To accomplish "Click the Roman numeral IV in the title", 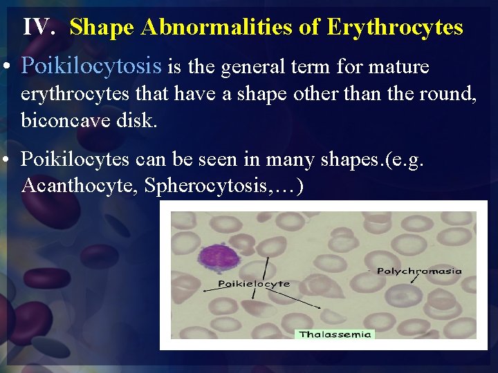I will [x=39, y=27].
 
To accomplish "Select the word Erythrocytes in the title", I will [x=394, y=27].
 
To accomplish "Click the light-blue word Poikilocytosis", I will [x=91, y=67].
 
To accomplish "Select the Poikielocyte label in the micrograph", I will [x=254, y=284].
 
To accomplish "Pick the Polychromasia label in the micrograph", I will [x=419, y=271].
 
